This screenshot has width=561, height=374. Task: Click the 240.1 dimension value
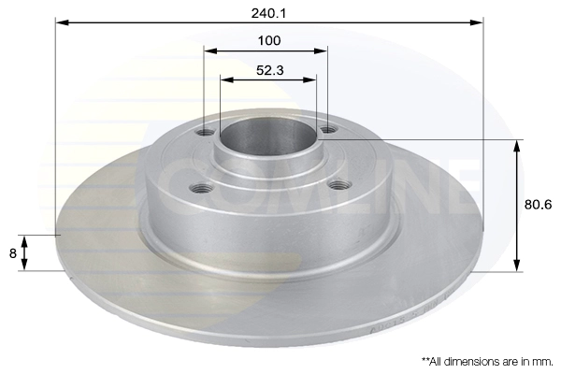[x=268, y=13]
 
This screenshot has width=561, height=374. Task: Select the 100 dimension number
[x=269, y=40]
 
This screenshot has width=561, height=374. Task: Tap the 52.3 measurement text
[x=270, y=70]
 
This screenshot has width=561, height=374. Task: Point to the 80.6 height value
[x=539, y=205]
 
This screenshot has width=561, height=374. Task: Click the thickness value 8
[x=13, y=253]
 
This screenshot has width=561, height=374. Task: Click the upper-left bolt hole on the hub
[x=205, y=133]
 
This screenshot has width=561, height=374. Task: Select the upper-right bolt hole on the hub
[x=328, y=129]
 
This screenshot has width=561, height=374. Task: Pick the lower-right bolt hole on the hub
[x=338, y=185]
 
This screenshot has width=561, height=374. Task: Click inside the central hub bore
[x=268, y=136]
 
